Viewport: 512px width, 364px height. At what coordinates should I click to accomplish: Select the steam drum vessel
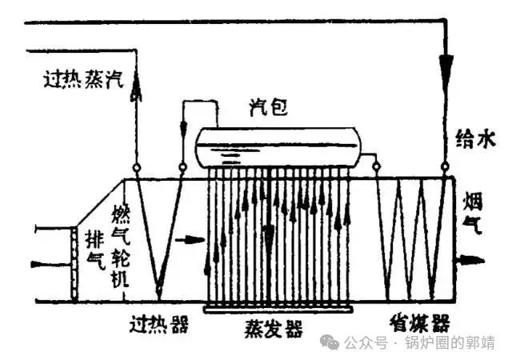(x=277, y=147)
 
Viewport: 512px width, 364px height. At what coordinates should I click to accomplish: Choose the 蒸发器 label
(x=273, y=329)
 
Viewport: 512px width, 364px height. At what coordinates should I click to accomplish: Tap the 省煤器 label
(x=419, y=324)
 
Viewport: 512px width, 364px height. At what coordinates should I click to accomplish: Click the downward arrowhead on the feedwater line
(x=446, y=64)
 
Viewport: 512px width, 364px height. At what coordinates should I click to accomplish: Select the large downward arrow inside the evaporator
(x=270, y=237)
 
